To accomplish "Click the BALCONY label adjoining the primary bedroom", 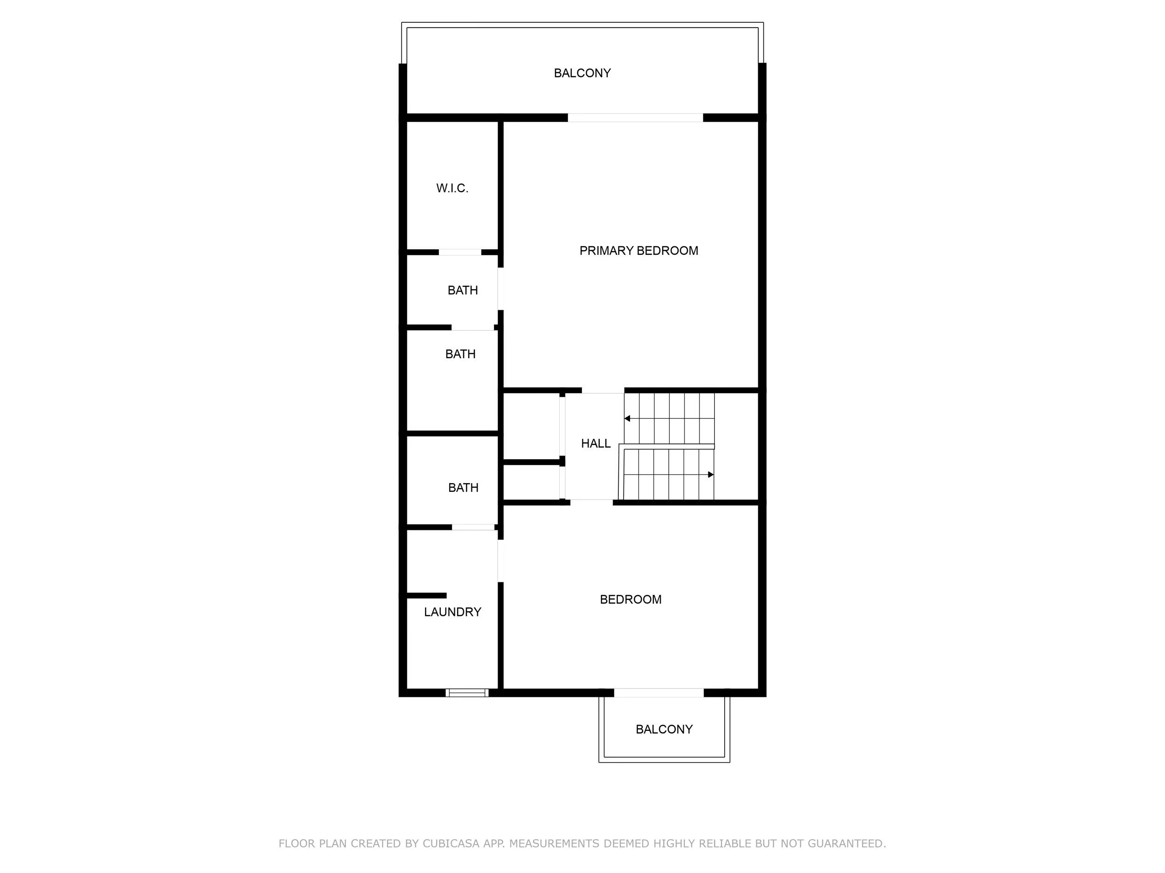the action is (582, 73).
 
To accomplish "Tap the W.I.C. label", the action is (452, 188).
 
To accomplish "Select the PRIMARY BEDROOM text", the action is (639, 251).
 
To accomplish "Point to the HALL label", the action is (596, 443).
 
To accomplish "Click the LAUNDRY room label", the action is (452, 612).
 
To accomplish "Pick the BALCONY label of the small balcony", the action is (664, 729).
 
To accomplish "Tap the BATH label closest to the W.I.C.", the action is (463, 290).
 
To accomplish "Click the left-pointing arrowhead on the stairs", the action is (627, 419).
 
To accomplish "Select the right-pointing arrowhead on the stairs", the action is (711, 474).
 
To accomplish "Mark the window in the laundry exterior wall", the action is (467, 692).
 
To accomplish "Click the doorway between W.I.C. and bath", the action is (460, 252).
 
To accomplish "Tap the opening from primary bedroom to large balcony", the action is (635, 117).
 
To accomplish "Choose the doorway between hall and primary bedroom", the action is (603, 390).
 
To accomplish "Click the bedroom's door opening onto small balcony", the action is (659, 692).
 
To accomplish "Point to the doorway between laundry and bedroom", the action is (500, 561).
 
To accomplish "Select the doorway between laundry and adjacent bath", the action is (473, 527).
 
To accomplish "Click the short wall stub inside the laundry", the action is (426, 595).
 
